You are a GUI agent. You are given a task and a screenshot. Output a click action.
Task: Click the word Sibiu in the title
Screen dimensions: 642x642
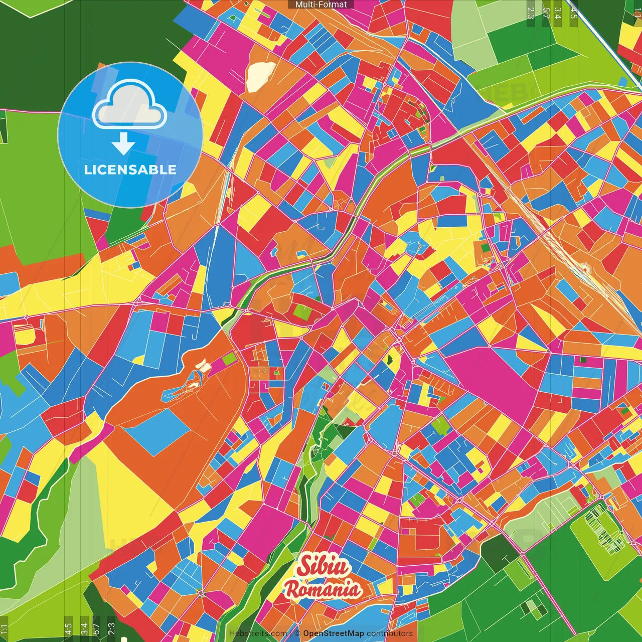(323, 566)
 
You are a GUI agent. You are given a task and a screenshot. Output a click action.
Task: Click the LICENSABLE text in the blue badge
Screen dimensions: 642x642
(130, 170)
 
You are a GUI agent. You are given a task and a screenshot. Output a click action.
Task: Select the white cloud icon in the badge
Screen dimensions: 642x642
(129, 104)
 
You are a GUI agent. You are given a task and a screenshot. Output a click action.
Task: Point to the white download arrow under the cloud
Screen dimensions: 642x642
(123, 143)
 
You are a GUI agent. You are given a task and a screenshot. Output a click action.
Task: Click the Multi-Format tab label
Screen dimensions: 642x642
(321, 5)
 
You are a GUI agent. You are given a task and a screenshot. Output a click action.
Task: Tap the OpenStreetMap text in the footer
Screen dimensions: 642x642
(333, 633)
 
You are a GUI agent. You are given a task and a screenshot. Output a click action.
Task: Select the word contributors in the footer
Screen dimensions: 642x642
(390, 633)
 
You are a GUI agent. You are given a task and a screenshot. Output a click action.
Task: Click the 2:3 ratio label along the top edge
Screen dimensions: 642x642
(531, 13)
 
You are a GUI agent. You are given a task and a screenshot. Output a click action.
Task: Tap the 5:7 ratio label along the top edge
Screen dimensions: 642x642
(546, 13)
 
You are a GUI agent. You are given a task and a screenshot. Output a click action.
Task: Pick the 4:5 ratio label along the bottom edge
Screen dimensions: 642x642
(68, 628)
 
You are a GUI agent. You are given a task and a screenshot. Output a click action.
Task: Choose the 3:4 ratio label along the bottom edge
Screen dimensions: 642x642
(84, 628)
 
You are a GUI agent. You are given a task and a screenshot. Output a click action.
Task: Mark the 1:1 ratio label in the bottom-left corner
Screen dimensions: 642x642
(4, 629)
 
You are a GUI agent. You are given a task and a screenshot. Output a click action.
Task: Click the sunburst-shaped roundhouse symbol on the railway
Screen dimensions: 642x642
(585, 269)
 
